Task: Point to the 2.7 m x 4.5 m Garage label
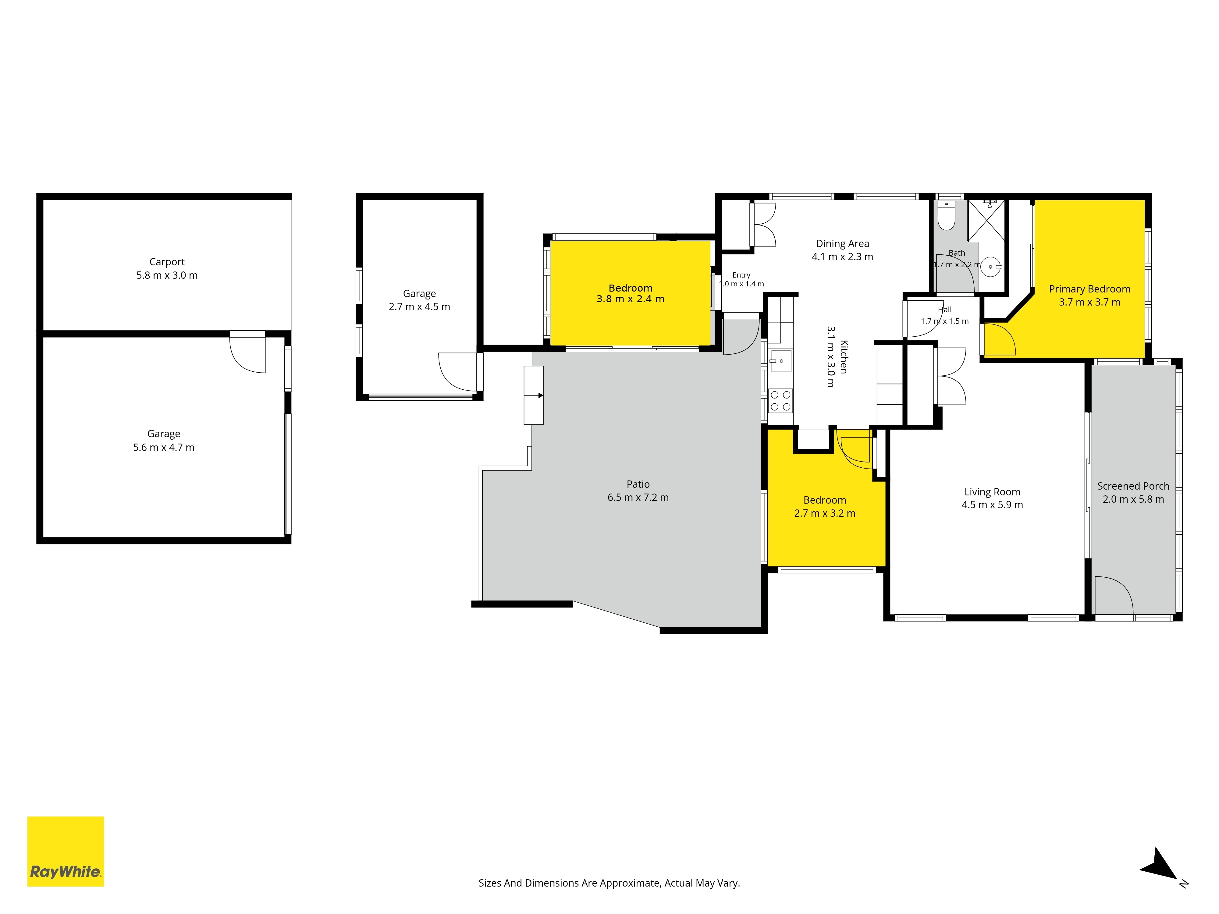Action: click(419, 300)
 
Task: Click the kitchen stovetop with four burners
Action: click(780, 401)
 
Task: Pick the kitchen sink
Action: click(781, 361)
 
